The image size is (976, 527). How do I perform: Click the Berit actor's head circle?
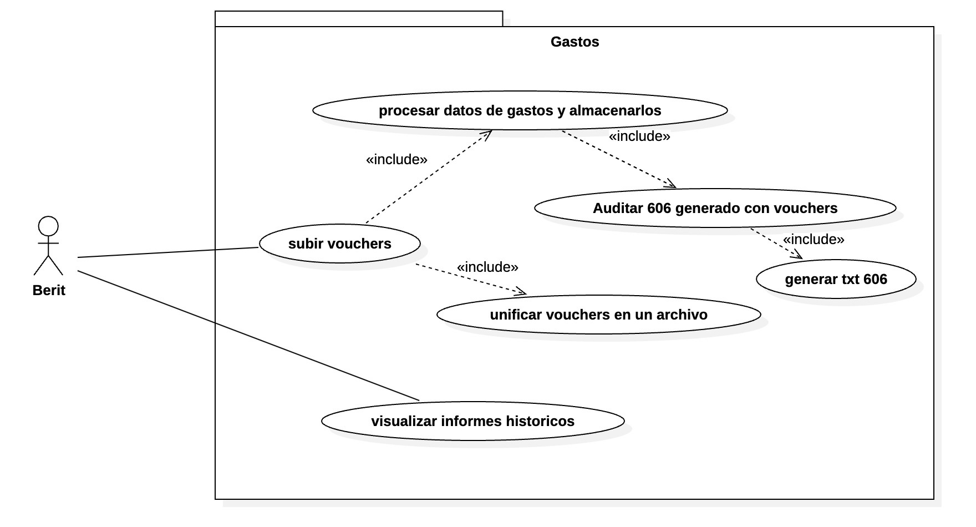point(48,226)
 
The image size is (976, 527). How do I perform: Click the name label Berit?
point(49,290)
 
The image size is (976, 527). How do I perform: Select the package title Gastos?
point(575,42)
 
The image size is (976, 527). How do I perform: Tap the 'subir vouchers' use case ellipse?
point(339,244)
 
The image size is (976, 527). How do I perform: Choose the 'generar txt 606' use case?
point(836,279)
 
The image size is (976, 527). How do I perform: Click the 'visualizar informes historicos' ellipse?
point(472,421)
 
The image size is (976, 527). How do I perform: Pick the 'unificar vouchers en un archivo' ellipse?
point(598,315)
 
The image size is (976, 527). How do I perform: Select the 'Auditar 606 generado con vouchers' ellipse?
point(715,208)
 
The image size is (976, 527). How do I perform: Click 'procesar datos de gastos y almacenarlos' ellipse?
point(520,110)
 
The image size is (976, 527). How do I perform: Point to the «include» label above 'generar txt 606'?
point(814,239)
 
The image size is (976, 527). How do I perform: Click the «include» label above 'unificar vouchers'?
point(487,267)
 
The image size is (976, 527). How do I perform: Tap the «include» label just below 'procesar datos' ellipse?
point(639,136)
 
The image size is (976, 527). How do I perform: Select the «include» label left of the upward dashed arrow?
point(396,159)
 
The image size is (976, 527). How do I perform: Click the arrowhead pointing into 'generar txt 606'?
point(799,256)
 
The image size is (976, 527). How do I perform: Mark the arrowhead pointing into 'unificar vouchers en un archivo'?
point(522,292)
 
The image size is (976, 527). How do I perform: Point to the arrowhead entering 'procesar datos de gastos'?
point(489,133)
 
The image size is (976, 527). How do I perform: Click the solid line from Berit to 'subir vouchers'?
point(166,252)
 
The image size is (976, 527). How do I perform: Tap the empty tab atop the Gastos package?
point(359,18)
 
